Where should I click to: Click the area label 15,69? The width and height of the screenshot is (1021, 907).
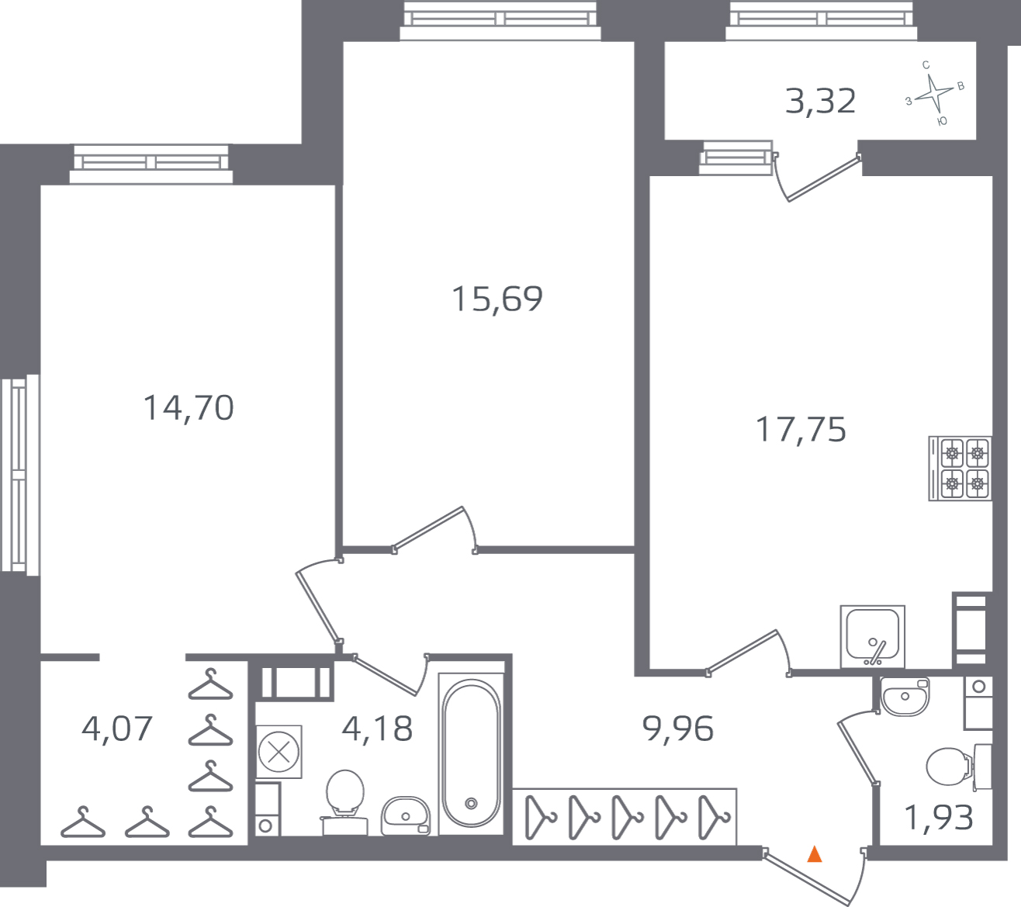[497, 299]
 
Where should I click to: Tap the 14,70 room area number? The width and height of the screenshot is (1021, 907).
[189, 408]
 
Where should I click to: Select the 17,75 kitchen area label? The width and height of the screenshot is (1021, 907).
[801, 430]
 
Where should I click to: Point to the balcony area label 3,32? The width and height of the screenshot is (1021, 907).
[820, 102]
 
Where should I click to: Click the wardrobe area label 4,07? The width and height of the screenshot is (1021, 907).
[117, 729]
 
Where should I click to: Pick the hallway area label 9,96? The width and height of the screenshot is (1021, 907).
[678, 729]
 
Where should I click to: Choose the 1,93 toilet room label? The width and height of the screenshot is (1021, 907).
[939, 818]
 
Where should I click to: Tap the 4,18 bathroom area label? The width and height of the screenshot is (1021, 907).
[377, 729]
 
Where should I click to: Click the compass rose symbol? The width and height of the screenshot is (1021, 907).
[933, 94]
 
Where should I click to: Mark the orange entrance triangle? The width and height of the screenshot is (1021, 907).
[814, 854]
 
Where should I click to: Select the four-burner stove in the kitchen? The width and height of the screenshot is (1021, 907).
[960, 469]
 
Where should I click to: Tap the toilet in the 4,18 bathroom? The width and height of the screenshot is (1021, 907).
[345, 794]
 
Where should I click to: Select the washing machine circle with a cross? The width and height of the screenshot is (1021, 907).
[279, 751]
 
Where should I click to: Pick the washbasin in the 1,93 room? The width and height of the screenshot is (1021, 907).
[905, 696]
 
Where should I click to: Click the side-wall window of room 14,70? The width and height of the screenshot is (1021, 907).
[19, 475]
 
